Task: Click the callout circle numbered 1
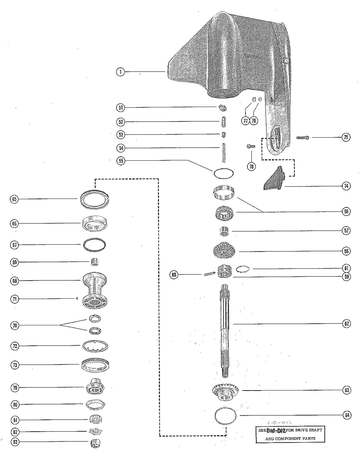[x=120, y=72]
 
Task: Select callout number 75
[x=346, y=137]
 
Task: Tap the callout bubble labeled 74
[x=346, y=186]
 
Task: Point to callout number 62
[x=346, y=324]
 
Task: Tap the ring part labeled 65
[x=95, y=199]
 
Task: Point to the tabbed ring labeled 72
[x=95, y=346]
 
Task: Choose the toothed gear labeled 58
[x=225, y=251]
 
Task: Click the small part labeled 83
[x=95, y=443]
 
